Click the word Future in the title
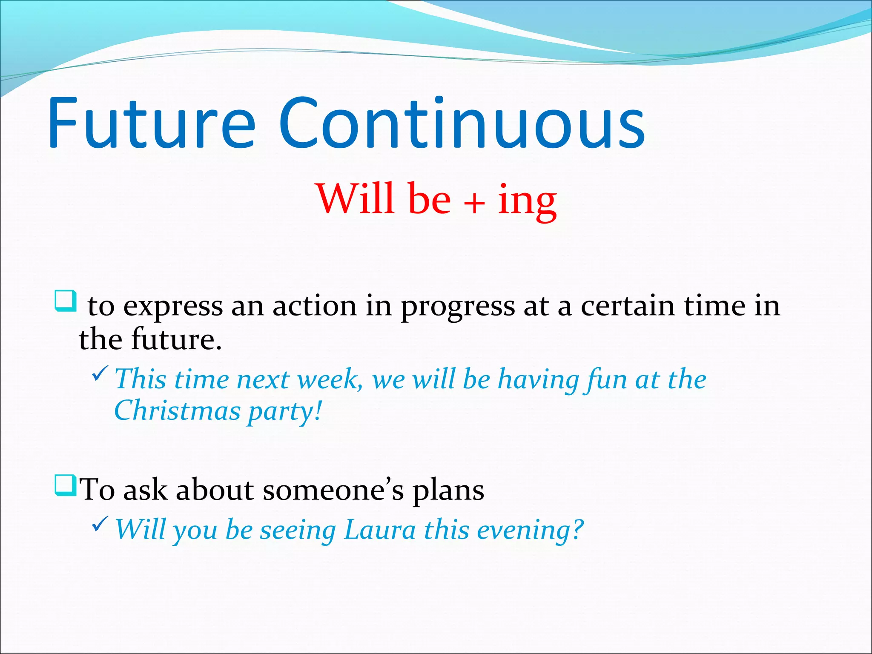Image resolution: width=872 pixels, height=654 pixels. pos(151,123)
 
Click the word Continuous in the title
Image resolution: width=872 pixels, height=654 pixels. pos(462,123)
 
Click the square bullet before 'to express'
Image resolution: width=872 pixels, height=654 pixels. pos(66,301)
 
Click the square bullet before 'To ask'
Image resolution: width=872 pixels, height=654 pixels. pos(66,485)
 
